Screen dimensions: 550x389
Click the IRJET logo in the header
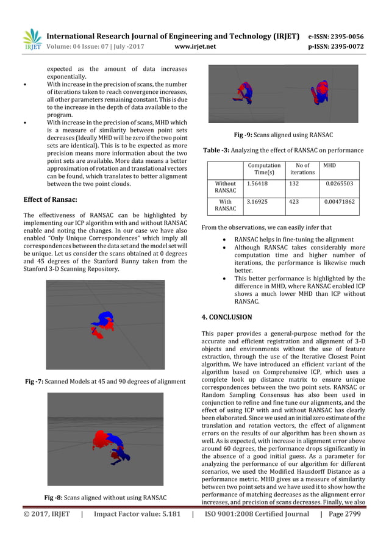pos(32,39)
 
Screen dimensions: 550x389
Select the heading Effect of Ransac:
pos(50,199)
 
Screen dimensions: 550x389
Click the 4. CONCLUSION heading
pos(226,317)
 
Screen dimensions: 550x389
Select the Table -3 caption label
pos(215,150)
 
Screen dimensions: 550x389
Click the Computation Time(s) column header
pos(263,169)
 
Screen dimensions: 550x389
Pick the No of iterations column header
pos(302,169)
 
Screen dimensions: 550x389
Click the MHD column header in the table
pos(329,165)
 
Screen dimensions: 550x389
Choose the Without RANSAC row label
pos(225,187)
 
